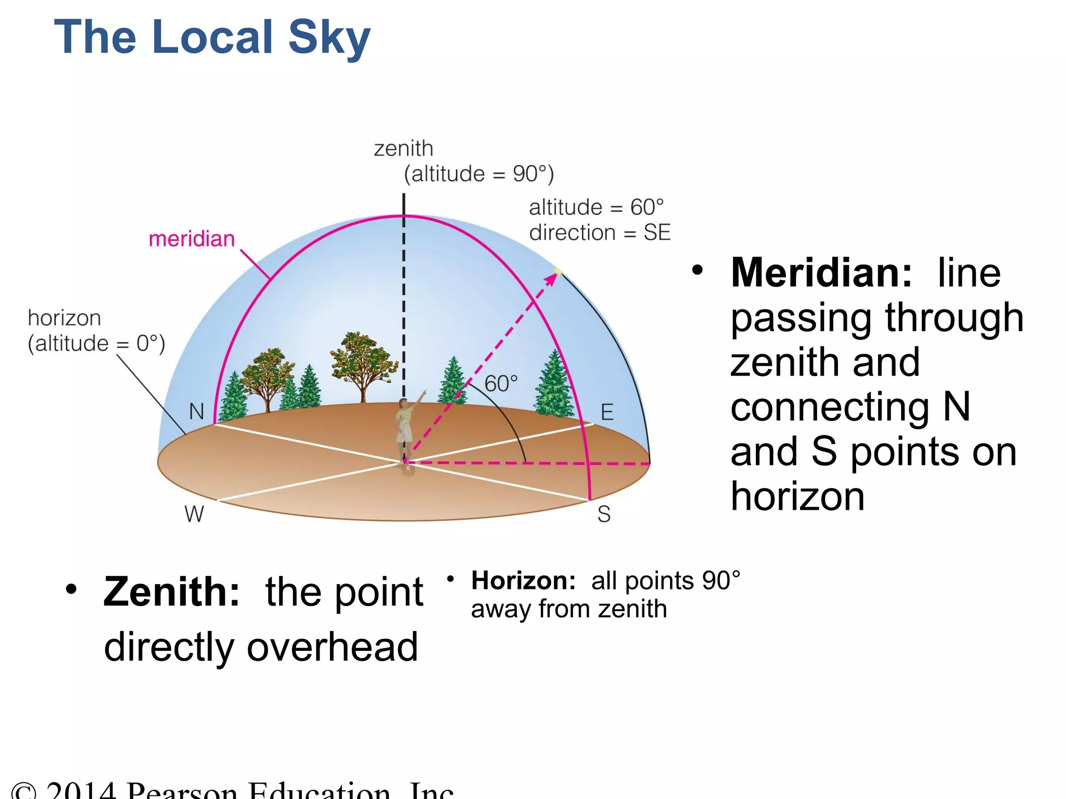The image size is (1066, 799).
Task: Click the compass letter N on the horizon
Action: point(197,411)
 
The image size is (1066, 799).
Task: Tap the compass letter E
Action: point(607,412)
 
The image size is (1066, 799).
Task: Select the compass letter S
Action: point(604,514)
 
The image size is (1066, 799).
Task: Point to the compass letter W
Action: point(194,514)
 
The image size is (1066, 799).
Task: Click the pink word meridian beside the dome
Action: point(192,239)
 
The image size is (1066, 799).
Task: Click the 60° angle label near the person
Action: point(501,383)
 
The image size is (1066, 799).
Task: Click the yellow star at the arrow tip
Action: point(558,271)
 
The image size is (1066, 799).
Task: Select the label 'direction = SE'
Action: point(600,233)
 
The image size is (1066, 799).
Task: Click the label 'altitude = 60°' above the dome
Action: point(597,207)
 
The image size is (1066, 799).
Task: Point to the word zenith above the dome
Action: point(403,148)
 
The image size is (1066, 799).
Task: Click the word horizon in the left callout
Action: point(64,318)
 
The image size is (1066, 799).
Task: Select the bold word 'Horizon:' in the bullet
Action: point(523,581)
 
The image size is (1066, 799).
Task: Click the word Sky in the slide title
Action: point(329,37)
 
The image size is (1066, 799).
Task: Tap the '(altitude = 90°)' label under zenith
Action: point(479,174)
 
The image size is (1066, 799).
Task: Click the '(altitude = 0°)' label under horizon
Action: point(96,343)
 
